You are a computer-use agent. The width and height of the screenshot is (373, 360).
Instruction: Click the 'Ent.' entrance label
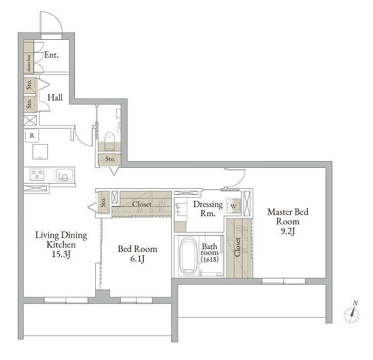(51, 55)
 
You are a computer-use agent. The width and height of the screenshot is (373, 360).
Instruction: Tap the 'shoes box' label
(29, 63)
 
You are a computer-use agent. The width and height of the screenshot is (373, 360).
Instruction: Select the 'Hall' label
(55, 97)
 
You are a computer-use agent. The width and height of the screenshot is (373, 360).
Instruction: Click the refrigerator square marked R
(32, 136)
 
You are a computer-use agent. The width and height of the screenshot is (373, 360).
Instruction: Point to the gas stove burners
(37, 174)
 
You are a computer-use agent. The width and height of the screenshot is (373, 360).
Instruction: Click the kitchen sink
(65, 175)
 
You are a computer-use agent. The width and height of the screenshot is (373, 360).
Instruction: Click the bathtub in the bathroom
(189, 255)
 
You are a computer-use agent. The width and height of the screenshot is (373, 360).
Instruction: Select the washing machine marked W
(233, 205)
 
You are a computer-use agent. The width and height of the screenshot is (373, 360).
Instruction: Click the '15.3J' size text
(61, 254)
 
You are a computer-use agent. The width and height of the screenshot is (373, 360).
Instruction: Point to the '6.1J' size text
(137, 259)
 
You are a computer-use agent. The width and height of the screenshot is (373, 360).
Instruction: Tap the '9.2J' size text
(287, 231)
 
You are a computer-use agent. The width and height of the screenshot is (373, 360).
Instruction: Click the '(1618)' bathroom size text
(209, 259)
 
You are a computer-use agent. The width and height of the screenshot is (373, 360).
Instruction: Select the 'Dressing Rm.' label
(208, 209)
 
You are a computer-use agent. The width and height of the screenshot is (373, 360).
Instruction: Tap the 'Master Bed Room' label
(287, 216)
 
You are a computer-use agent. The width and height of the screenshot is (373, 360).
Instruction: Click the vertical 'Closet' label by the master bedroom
(237, 247)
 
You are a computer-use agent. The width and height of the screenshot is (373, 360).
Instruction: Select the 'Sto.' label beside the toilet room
(110, 159)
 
